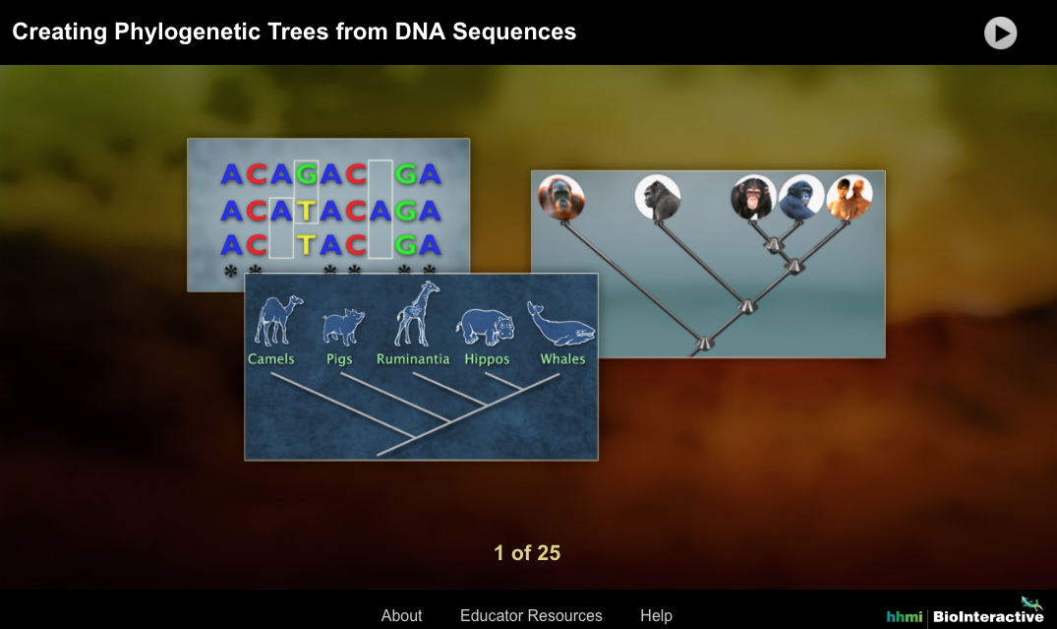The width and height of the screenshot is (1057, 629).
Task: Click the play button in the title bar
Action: (x=1000, y=33)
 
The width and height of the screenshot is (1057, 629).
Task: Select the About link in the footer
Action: (x=401, y=615)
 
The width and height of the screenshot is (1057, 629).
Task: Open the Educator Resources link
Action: (x=531, y=615)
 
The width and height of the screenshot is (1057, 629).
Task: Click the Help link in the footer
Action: (x=656, y=615)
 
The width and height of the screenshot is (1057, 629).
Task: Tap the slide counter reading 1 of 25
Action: (x=527, y=553)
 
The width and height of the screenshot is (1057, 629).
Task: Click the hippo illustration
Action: (x=484, y=326)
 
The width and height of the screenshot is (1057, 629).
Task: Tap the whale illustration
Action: (x=560, y=323)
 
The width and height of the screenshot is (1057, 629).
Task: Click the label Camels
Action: (x=271, y=359)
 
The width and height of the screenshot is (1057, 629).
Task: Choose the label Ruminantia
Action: (x=413, y=359)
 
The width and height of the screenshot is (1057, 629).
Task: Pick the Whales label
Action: (x=562, y=359)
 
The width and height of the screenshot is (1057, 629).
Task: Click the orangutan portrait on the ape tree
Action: (x=561, y=198)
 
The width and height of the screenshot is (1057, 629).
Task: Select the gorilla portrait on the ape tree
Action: (x=658, y=198)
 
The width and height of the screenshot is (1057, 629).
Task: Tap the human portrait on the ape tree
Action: (x=850, y=198)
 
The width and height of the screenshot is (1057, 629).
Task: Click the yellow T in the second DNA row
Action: (x=307, y=211)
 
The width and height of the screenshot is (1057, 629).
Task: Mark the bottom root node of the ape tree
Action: (x=704, y=343)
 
